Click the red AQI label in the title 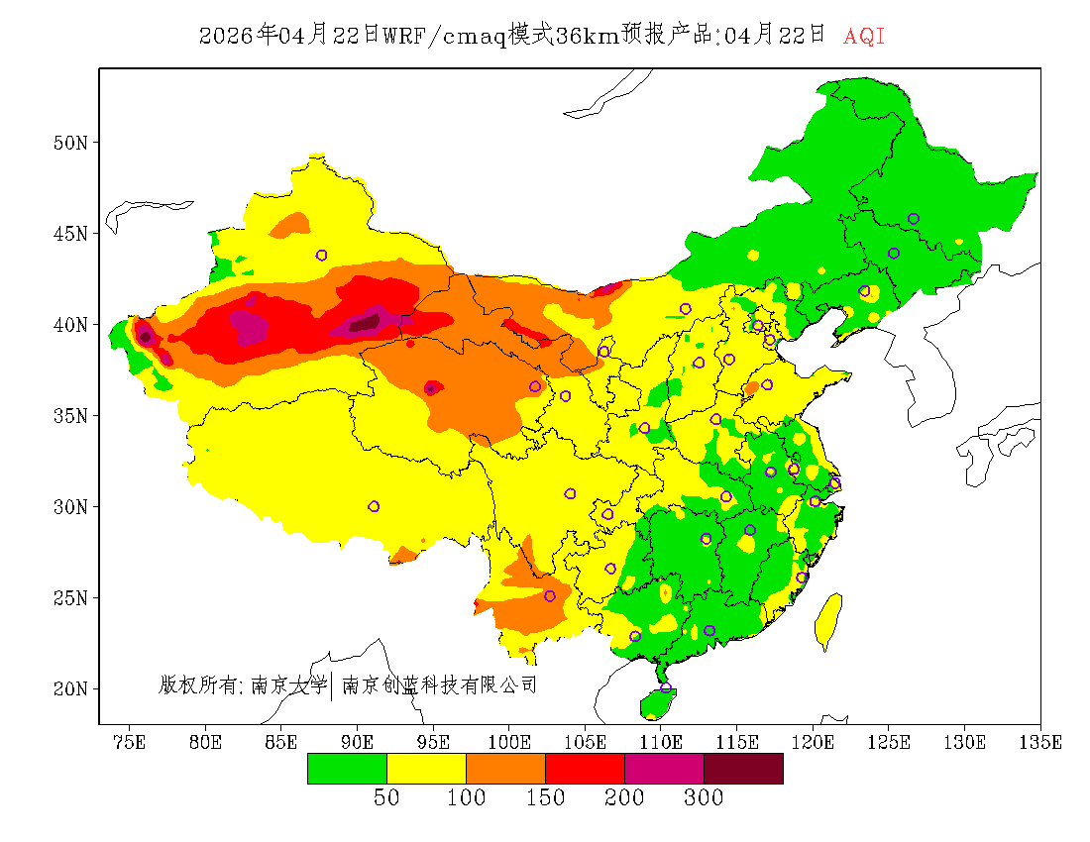click(x=863, y=37)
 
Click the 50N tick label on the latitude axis click(x=69, y=143)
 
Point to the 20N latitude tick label click(x=69, y=688)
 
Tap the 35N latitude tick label click(x=69, y=415)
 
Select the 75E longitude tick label click(x=129, y=742)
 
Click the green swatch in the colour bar click(x=347, y=768)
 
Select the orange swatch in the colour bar click(x=505, y=768)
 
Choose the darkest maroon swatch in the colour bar click(x=743, y=768)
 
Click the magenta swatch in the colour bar click(x=664, y=768)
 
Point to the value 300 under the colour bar click(x=704, y=798)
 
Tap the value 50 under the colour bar click(x=386, y=798)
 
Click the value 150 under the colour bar click(x=545, y=798)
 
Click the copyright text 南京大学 click(x=288, y=684)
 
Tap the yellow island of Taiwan click(x=828, y=619)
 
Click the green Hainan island click(x=657, y=703)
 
